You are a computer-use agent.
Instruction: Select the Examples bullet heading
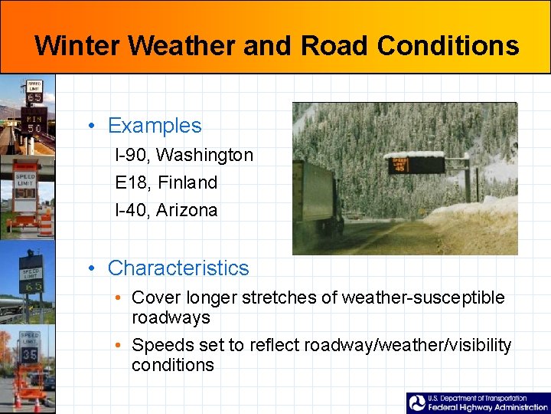coord(155,126)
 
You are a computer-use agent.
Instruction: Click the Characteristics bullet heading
coord(178,268)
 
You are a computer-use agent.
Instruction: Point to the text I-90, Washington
coord(184,155)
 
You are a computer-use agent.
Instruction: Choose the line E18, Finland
coord(166,182)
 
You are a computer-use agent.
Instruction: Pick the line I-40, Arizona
coord(166,210)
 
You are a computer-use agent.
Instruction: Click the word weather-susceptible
coord(423,297)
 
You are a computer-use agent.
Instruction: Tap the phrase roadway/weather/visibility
coord(407,346)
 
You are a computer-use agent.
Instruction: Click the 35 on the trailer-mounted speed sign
coord(30,355)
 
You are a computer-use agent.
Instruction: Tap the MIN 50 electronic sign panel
coord(34,123)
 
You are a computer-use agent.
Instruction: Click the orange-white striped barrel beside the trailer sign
coord(45,222)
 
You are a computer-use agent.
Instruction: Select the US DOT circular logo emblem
coord(417,403)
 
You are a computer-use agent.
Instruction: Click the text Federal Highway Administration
coord(487,408)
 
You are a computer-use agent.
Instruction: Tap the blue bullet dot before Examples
coord(92,127)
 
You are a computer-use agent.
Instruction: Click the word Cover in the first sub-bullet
coord(151,297)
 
